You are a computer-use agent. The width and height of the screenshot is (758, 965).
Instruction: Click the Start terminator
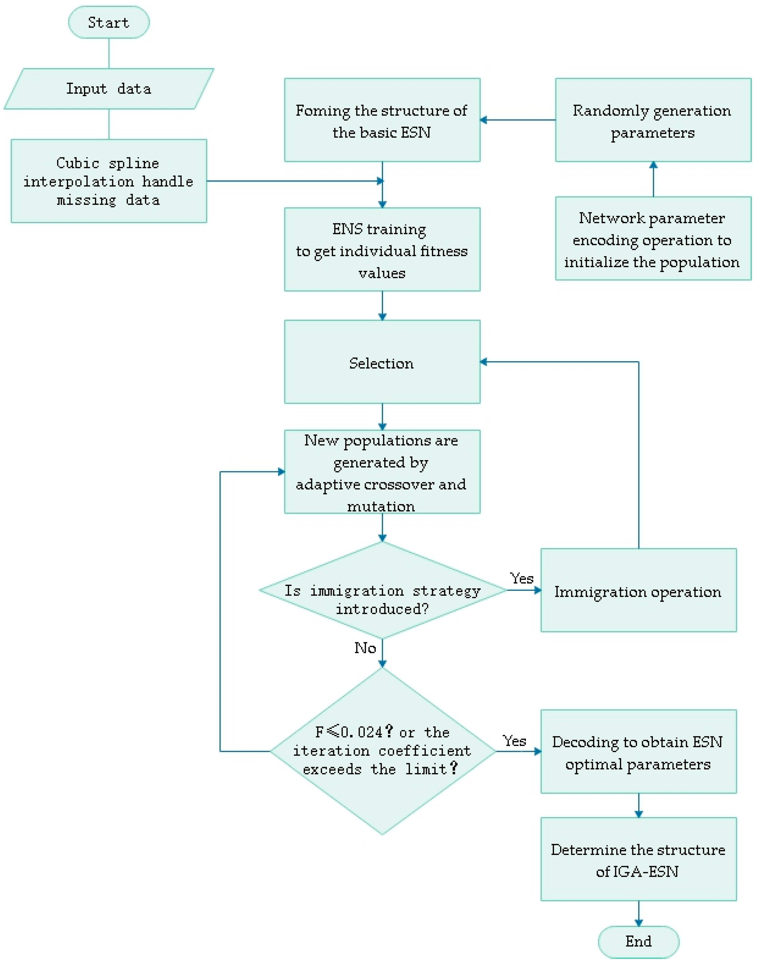(109, 22)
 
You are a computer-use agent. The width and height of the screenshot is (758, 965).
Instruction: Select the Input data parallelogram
(109, 89)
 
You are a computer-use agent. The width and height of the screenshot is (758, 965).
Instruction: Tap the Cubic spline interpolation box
(109, 181)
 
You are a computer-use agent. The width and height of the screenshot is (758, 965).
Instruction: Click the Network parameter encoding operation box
(653, 239)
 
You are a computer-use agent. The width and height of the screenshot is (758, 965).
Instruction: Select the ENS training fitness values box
(382, 250)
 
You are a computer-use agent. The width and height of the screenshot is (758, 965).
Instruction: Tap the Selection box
(382, 362)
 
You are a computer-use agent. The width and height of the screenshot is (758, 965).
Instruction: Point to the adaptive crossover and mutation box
(382, 472)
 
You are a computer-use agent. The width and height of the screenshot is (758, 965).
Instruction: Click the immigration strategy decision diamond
(382, 590)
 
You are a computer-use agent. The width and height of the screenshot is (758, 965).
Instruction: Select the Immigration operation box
(638, 590)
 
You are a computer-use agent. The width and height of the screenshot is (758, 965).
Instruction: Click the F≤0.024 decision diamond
(382, 751)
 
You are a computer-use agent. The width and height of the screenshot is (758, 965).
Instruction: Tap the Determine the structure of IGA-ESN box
(638, 859)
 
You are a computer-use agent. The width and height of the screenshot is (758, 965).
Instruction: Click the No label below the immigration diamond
(365, 648)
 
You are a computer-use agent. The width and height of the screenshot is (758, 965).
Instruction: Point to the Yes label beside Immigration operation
(521, 578)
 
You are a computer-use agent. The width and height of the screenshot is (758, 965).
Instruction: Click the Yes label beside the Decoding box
(514, 741)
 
